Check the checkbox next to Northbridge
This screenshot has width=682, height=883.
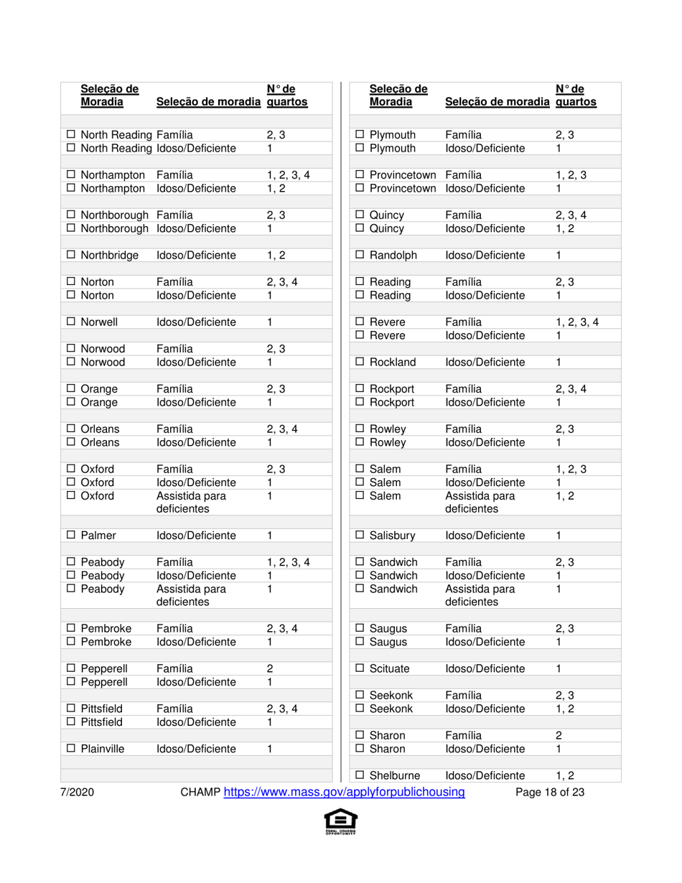pos(71,256)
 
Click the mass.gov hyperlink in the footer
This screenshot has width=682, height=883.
pos(345,793)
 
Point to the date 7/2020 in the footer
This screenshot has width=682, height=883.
pos(77,793)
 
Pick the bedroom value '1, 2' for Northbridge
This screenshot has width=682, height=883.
pos(276,256)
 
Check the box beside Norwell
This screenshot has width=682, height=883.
pos(71,322)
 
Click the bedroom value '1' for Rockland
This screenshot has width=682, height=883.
pos(559,362)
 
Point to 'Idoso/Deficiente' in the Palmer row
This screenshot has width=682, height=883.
pos(196,536)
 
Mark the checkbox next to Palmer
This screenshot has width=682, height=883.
pos(71,536)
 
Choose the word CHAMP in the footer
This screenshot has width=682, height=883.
pos(200,793)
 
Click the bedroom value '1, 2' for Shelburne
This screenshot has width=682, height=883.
pos(566,775)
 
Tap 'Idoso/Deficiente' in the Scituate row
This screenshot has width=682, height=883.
pos(485,668)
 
